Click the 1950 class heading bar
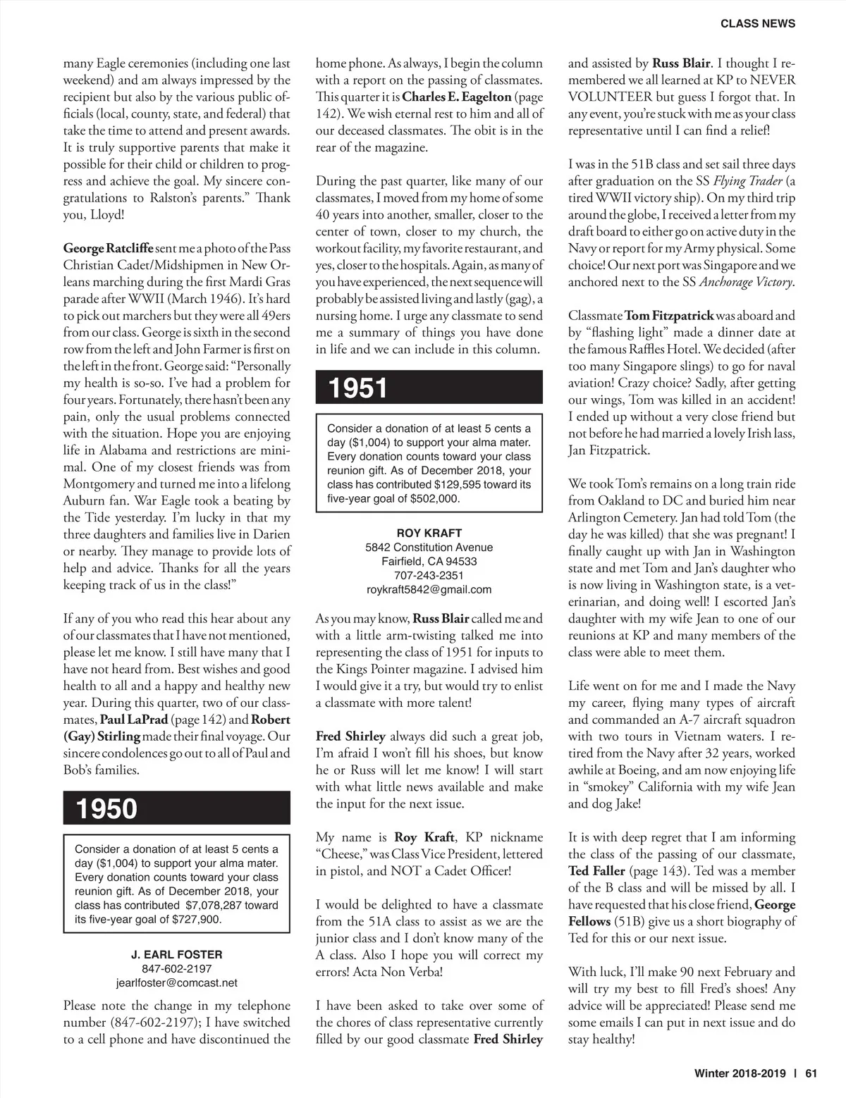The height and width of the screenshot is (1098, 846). pyautogui.click(x=176, y=808)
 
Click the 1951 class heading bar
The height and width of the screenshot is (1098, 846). pyautogui.click(x=429, y=388)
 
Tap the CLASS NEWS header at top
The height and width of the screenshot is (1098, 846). pyautogui.click(x=758, y=23)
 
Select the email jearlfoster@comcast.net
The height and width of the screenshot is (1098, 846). pyautogui.click(x=176, y=982)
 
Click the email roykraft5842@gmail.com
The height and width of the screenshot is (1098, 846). pyautogui.click(x=429, y=589)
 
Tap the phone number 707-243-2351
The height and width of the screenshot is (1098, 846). pyautogui.click(x=429, y=575)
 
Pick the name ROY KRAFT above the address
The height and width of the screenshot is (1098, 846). pyautogui.click(x=429, y=533)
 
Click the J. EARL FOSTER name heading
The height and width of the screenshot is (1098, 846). pyautogui.click(x=176, y=954)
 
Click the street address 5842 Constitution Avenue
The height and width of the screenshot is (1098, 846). pyautogui.click(x=429, y=547)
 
